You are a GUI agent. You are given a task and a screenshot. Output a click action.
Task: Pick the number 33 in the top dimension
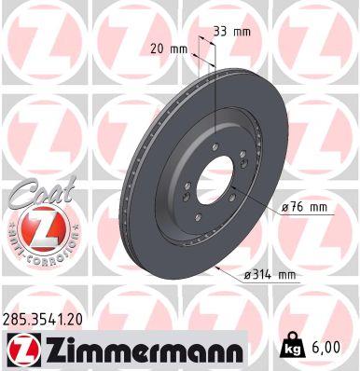tap(221, 32)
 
